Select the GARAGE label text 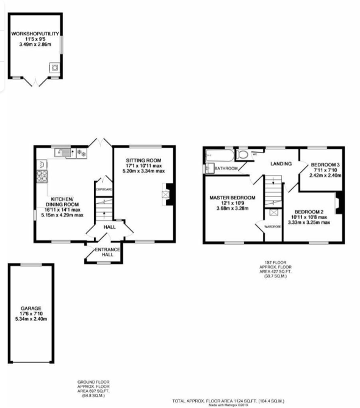[31, 309]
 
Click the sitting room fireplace [168, 195]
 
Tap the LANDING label [281, 164]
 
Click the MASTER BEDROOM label [232, 198]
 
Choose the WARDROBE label [273, 226]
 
